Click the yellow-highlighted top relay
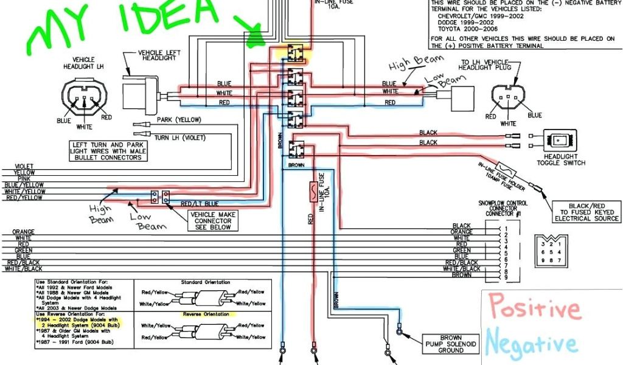pyautogui.click(x=296, y=53)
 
